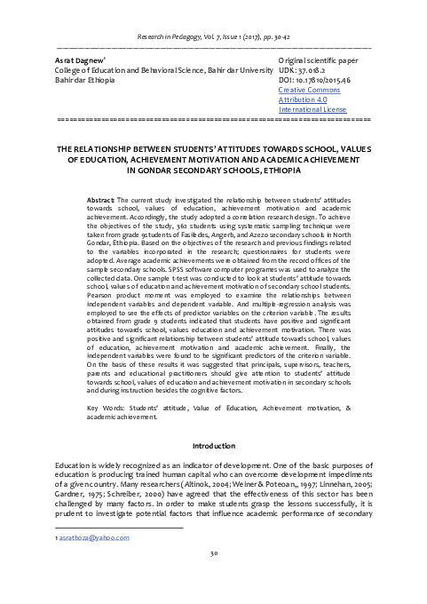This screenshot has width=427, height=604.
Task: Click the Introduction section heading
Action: point(213,443)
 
